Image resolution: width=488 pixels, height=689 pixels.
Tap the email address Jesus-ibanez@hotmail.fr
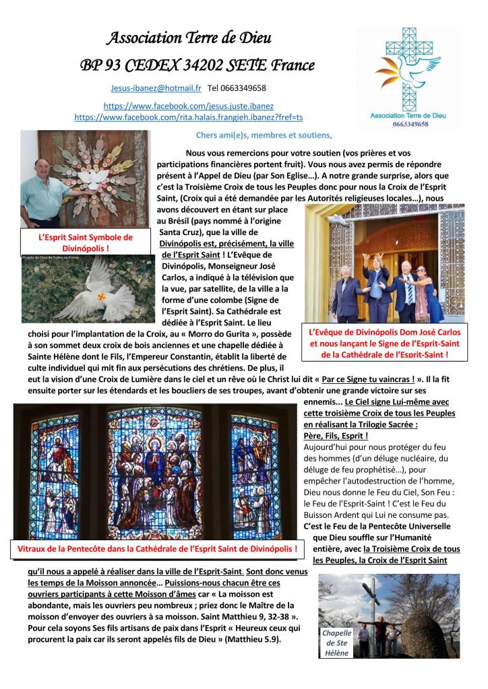[x=156, y=88]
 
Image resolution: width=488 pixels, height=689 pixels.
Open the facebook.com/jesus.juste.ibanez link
[x=188, y=106]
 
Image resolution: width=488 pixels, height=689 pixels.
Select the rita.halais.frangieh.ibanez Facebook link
[x=188, y=117]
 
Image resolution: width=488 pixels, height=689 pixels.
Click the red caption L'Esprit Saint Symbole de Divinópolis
[x=85, y=242]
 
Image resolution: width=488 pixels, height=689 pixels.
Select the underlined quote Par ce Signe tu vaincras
[x=367, y=379]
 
